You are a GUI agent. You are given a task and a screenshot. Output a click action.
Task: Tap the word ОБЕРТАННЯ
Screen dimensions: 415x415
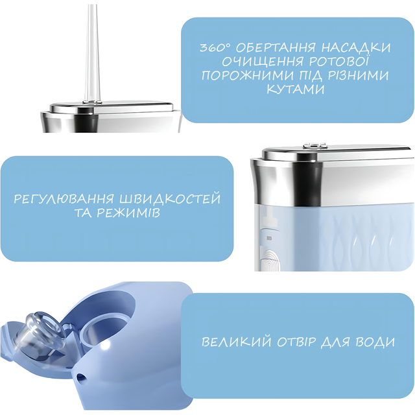(x=276, y=48)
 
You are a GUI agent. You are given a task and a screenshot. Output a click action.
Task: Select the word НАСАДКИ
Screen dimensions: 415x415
(x=356, y=48)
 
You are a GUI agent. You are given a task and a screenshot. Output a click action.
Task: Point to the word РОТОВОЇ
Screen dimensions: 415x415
(x=338, y=61)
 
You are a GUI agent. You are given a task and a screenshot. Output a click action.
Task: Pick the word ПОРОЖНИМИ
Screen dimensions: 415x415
(x=248, y=76)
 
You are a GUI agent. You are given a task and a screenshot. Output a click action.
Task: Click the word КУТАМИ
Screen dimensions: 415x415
(x=296, y=89)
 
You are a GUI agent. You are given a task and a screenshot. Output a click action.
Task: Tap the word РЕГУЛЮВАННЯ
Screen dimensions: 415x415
(x=64, y=199)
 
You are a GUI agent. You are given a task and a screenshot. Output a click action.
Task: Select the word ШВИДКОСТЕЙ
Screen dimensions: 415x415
(x=170, y=198)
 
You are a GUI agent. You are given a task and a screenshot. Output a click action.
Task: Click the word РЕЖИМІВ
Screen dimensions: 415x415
(x=128, y=213)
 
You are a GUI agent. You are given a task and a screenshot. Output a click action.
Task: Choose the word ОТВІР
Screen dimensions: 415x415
(x=296, y=342)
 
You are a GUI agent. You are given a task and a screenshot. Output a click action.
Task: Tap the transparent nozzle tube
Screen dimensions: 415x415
(x=92, y=53)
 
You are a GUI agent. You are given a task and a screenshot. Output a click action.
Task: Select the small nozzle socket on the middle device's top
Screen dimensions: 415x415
(x=315, y=145)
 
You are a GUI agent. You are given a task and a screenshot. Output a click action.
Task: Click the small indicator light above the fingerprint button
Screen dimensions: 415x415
(x=269, y=238)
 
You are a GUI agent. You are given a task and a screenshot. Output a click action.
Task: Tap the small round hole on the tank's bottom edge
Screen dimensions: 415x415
(x=80, y=377)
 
